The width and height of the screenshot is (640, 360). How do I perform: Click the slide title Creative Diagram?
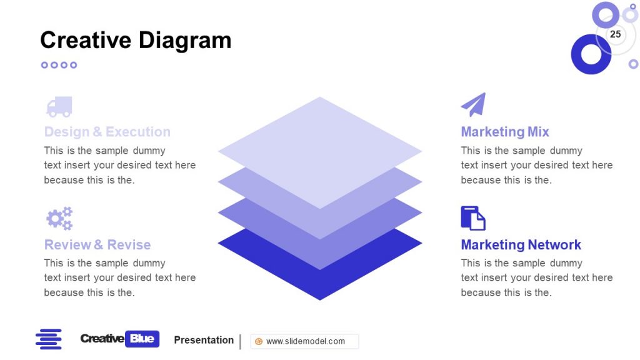[x=136, y=40]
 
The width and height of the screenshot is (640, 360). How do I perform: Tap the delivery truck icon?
[x=59, y=107]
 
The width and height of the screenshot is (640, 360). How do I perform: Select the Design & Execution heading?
[x=107, y=132]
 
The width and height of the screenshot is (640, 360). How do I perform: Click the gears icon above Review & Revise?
[x=59, y=218]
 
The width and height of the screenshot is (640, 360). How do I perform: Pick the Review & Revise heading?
[x=97, y=244]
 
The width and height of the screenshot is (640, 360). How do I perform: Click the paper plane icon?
[x=473, y=105]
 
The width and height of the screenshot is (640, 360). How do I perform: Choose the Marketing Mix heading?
[x=505, y=132]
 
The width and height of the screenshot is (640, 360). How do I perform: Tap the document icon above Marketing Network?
[x=473, y=218]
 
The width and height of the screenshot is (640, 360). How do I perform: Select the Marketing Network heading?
[x=521, y=244]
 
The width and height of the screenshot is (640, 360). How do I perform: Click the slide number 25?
[x=616, y=34]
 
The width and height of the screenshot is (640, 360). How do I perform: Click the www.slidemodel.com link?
[x=306, y=341]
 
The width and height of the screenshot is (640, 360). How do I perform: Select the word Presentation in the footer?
[x=204, y=340]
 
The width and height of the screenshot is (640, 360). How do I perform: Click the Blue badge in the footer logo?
[x=142, y=339]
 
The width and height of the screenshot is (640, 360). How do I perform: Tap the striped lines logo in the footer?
[x=49, y=339]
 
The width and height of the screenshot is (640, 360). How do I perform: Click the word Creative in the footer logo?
[x=102, y=339]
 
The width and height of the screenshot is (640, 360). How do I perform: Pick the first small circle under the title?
[x=44, y=65]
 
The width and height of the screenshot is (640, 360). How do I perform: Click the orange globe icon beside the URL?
[x=259, y=341]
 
